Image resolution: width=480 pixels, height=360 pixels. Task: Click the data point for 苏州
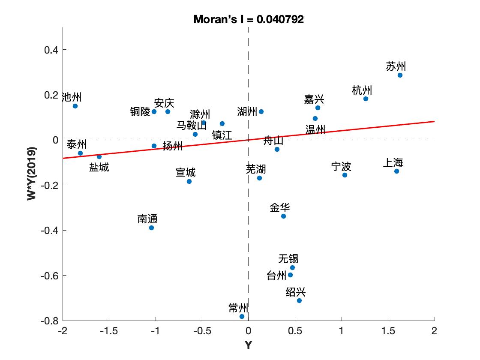(x=400, y=75)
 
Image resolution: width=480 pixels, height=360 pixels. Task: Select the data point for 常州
(x=242, y=316)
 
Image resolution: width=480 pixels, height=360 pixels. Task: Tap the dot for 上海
(x=396, y=171)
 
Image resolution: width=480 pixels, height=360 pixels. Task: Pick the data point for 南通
(x=151, y=228)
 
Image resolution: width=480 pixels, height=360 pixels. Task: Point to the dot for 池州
(x=75, y=106)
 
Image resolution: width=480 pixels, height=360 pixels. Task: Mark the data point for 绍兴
(x=299, y=300)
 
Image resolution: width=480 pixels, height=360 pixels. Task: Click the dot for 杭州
(x=366, y=99)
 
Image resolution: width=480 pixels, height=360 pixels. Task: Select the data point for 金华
(x=283, y=216)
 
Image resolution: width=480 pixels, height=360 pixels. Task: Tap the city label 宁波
(x=341, y=166)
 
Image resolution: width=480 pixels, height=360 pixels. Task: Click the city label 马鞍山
(x=192, y=125)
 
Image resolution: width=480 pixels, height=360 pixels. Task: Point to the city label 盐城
(x=99, y=167)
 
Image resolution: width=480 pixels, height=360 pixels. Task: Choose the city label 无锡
(x=288, y=258)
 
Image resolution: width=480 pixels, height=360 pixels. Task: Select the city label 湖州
(x=247, y=112)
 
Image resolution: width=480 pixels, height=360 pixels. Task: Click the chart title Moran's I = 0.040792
(x=249, y=19)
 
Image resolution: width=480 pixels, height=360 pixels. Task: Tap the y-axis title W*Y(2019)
(x=32, y=174)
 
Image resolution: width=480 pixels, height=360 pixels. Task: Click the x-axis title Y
(x=248, y=345)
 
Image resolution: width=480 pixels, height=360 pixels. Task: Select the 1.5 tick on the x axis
(x=388, y=331)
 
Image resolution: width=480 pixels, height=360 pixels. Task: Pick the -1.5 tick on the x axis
(x=109, y=331)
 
